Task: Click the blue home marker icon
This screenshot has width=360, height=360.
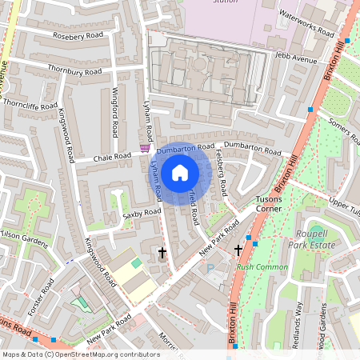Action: coord(180,172)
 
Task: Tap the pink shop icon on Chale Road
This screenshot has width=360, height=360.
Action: coord(144,148)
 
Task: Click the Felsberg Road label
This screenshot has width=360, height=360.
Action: coord(222,177)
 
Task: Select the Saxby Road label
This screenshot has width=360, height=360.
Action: coord(137,216)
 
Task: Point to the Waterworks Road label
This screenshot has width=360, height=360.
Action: coord(307,27)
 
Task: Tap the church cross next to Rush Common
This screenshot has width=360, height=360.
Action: coord(238,250)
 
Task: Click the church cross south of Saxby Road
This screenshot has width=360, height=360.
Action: coord(162,253)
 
